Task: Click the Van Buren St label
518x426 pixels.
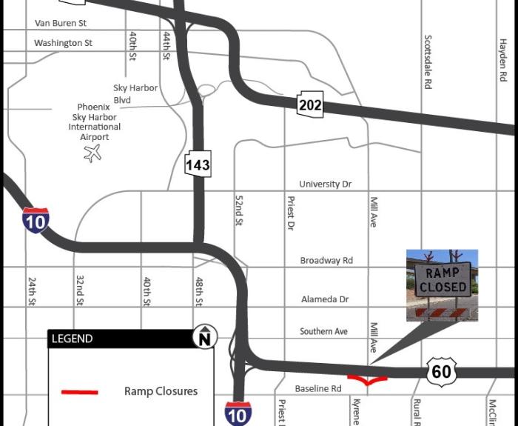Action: point(60,24)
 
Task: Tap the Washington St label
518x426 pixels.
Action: point(63,43)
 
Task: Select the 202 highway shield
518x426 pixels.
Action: point(310,104)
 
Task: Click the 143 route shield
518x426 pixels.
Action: point(198,164)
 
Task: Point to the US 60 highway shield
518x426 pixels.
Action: point(441,370)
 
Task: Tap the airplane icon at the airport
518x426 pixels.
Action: point(92,153)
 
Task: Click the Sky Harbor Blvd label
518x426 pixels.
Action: point(135,93)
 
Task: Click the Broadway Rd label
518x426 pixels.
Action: point(326,261)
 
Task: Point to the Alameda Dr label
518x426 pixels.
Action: point(325,299)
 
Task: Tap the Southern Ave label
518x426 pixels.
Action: point(323,331)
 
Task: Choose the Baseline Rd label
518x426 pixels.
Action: point(318,388)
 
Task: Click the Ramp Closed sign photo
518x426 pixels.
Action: point(442,284)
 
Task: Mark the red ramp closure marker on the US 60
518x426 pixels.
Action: point(367,381)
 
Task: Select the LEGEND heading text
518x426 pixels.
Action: point(72,339)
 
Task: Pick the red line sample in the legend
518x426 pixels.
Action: point(79,391)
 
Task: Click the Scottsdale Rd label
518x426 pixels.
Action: point(428,62)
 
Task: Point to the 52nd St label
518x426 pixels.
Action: point(239,210)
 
